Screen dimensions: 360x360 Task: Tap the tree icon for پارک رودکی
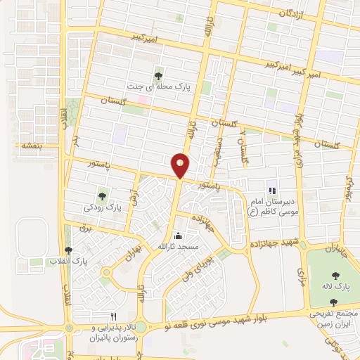[x=103, y=196]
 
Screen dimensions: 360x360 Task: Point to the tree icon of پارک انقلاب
[x=68, y=250]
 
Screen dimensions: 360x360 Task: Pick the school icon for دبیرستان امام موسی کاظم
[x=271, y=191]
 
